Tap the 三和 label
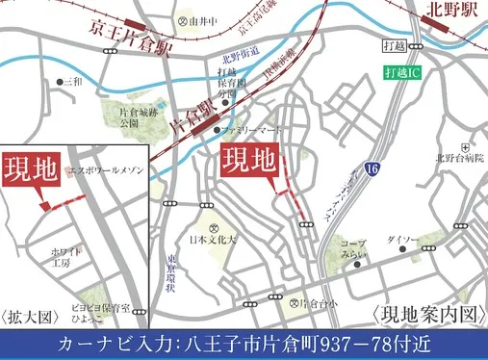73,83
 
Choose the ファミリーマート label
251,129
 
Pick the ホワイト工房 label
64,255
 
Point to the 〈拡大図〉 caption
29,316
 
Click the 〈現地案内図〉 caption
424,315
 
